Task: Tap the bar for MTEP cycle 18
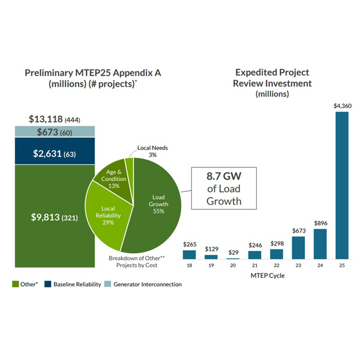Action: point(190,254)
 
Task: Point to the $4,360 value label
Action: point(341,106)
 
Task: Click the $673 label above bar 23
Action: point(299,230)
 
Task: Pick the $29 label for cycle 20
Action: point(233,253)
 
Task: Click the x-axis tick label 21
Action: point(254,265)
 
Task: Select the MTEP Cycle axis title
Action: point(265,275)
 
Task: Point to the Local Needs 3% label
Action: point(147,151)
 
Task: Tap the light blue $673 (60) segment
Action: point(55,132)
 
